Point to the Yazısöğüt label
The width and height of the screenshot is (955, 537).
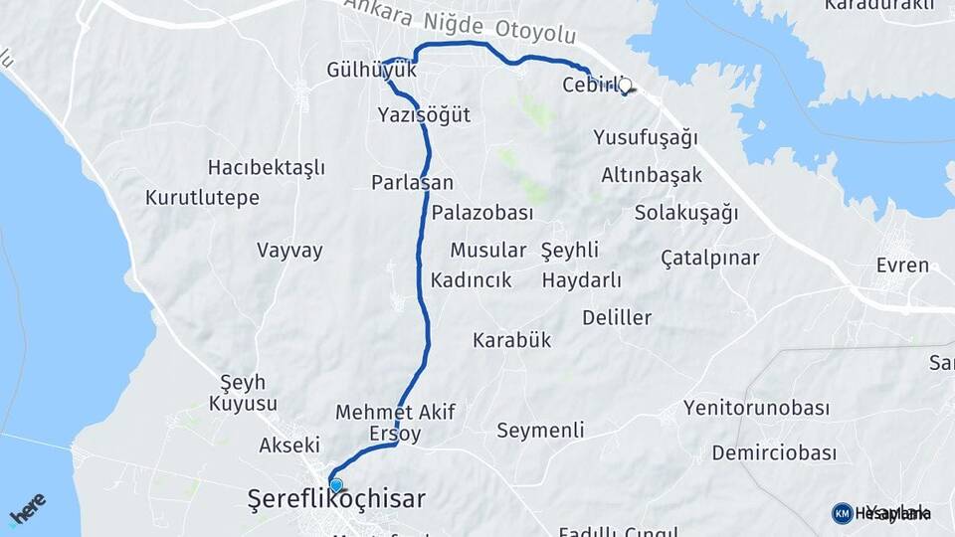(424, 115)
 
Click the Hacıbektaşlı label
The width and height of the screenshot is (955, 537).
(267, 167)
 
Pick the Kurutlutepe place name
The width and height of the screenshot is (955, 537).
(202, 197)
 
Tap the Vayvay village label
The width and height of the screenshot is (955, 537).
(289, 250)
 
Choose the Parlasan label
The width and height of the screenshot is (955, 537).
(412, 182)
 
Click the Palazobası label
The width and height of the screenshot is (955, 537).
(482, 213)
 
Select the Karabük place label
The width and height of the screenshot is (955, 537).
(511, 340)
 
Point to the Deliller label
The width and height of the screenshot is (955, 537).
(617, 318)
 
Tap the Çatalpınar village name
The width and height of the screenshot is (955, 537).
(709, 259)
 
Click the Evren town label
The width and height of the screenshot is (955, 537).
(902, 266)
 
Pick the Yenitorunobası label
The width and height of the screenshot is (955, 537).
(756, 408)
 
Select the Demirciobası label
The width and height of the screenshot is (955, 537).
(774, 453)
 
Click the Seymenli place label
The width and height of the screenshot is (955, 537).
(540, 431)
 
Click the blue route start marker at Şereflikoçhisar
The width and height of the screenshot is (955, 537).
(336, 485)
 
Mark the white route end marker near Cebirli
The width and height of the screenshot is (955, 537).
(625, 86)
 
